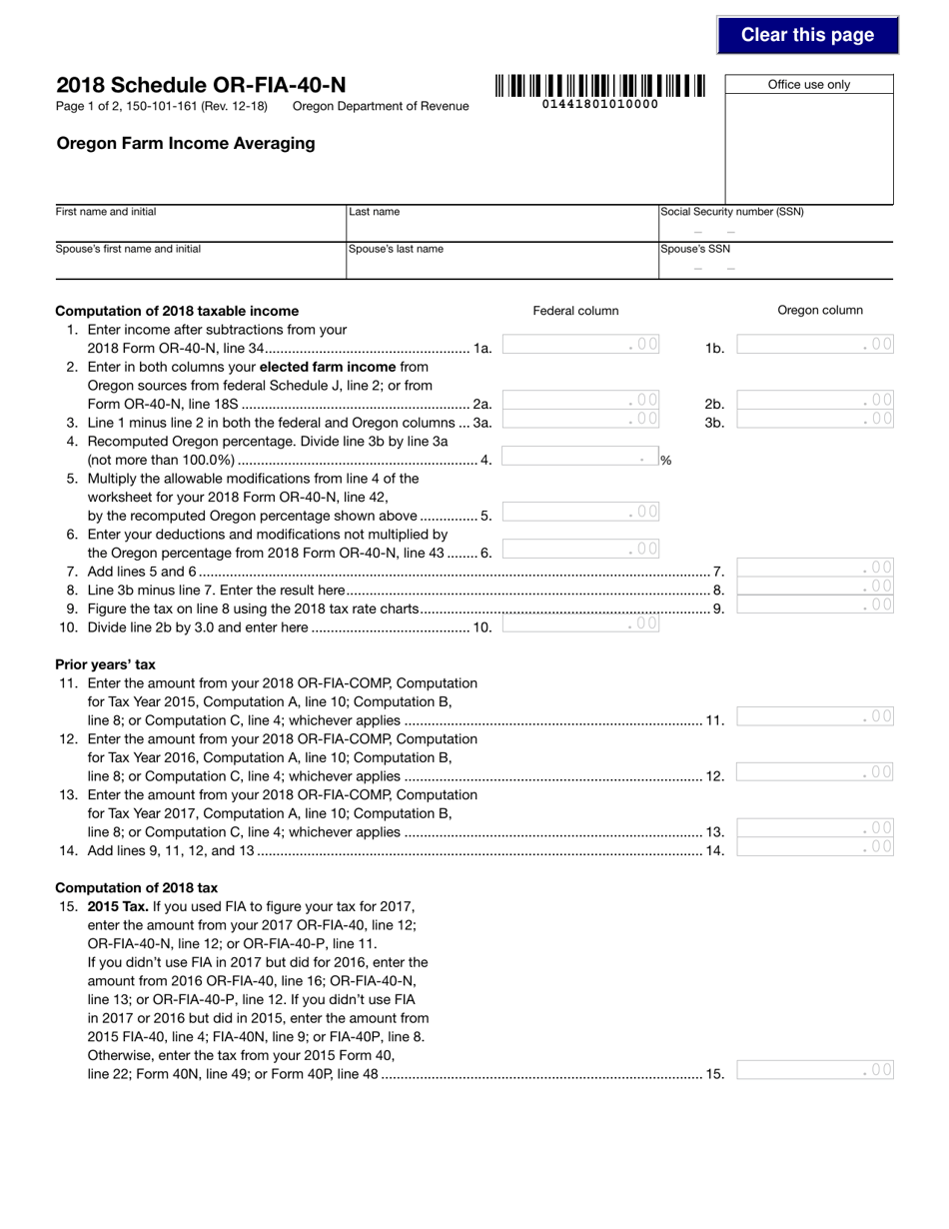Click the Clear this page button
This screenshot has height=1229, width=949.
(807, 35)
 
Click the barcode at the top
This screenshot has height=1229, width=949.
(599, 87)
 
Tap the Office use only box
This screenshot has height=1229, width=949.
(808, 146)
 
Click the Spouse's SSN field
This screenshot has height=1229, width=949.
(775, 266)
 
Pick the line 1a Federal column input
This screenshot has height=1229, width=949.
(580, 345)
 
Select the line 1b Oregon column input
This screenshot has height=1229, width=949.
(814, 345)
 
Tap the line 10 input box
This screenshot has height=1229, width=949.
(580, 624)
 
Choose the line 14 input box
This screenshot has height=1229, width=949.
(814, 847)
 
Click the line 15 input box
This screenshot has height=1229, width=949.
(814, 1070)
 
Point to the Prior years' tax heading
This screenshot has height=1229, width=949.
(105, 664)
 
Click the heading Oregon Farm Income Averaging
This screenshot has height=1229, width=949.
(185, 143)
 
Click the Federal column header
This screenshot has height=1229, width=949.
(575, 311)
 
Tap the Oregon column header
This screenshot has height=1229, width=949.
(820, 311)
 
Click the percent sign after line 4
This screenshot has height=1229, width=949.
(665, 461)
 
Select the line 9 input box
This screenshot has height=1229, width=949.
(814, 606)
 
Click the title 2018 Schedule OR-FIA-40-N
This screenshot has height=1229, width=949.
(201, 86)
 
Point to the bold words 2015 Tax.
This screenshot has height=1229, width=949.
(118, 906)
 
